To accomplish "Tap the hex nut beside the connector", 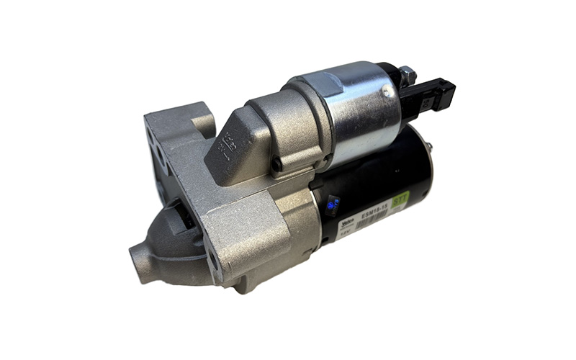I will pos(407,73).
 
